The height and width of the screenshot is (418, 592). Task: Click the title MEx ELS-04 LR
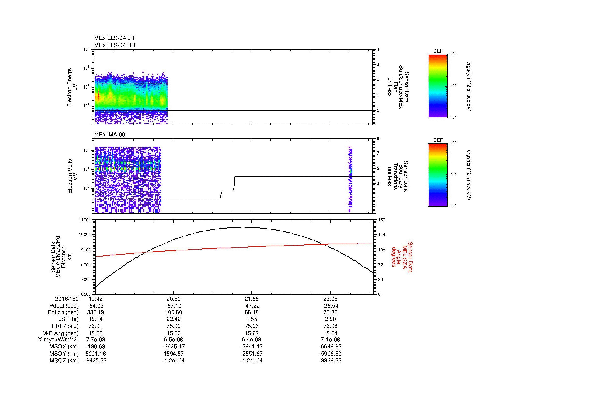tap(114, 38)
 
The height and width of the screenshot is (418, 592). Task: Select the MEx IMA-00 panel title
tap(109, 135)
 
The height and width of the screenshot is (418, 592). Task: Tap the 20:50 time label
tap(174, 299)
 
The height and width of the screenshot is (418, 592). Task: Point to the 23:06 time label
tap(330, 299)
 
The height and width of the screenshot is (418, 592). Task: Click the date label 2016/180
tap(67, 299)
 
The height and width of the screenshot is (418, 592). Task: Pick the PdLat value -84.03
tap(96, 306)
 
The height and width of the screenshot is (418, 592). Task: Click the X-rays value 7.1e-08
tap(330, 340)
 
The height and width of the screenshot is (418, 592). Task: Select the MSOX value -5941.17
tap(251, 347)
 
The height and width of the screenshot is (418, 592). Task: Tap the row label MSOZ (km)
tap(64, 361)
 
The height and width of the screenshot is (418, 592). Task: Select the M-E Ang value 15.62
tap(251, 333)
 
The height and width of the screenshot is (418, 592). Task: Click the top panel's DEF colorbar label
tap(438, 51)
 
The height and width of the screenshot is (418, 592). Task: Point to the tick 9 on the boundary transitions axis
tap(378, 139)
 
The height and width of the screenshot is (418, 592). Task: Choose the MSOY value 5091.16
tap(96, 354)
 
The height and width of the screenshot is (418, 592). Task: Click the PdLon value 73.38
tap(330, 312)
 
